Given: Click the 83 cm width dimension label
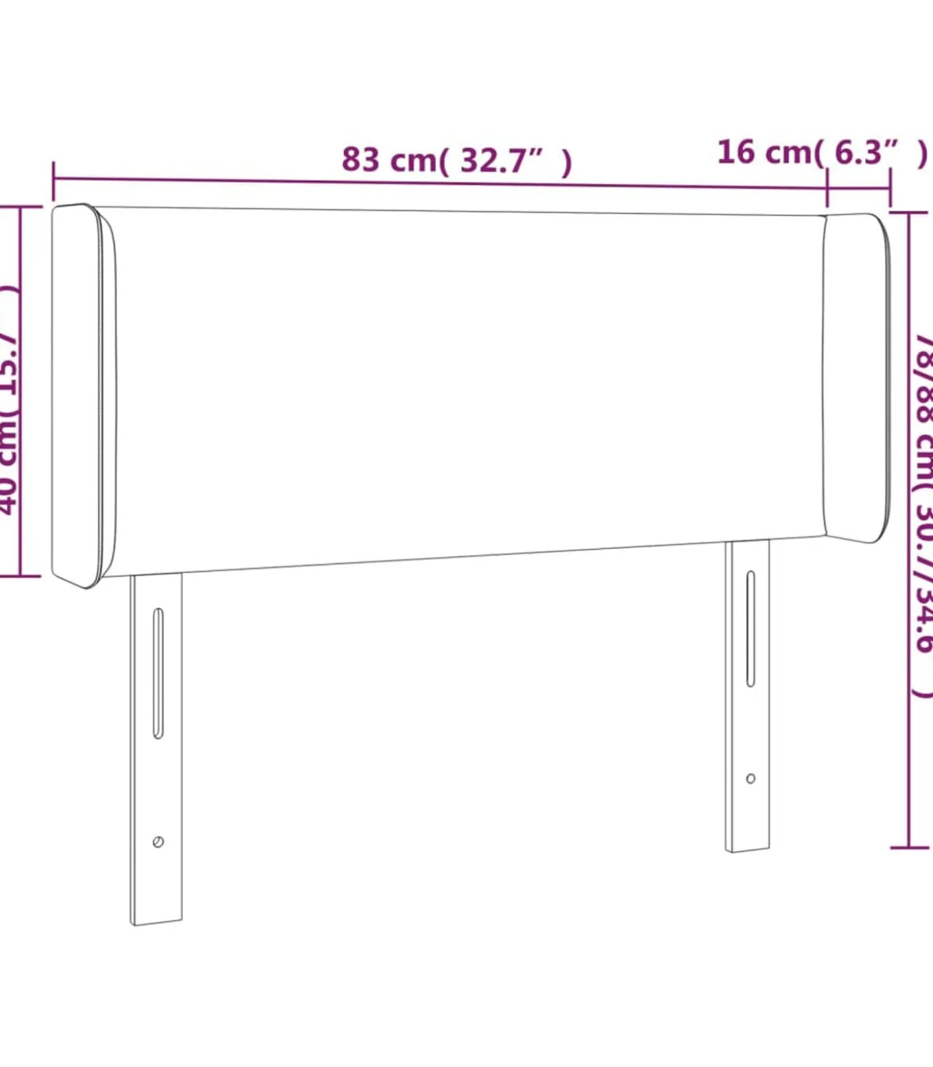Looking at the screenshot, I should (456, 160).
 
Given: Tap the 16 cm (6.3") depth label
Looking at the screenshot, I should (821, 152).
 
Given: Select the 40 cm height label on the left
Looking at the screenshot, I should (8, 398).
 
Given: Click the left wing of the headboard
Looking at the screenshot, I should (82, 396).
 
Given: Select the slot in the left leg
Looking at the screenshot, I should (158, 672).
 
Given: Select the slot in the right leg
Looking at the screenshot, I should (751, 628).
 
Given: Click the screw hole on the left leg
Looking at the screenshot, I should (158, 841).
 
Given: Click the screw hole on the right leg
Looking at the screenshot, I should (751, 778).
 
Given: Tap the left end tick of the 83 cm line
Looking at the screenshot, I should (54, 180).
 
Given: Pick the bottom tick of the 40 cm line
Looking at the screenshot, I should (21, 576).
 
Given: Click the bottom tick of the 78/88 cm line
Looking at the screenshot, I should (909, 847).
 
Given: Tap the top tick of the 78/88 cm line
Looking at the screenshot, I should (909, 213).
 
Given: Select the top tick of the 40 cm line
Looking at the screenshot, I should (21, 207).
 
